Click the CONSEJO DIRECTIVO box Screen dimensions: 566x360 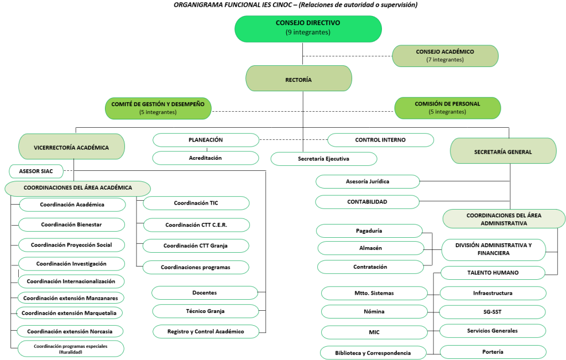[x=308, y=29]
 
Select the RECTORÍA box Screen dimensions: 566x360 [x=298, y=79]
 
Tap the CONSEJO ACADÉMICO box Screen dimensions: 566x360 [x=445, y=56]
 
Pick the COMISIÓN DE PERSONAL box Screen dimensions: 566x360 [x=448, y=108]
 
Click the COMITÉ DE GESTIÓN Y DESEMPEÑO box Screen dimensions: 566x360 [x=158, y=108]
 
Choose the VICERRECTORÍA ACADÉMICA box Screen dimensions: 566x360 [x=71, y=147]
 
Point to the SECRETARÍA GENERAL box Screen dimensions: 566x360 [x=503, y=151]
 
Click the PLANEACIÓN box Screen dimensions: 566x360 [x=206, y=140]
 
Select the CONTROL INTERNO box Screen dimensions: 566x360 [x=380, y=140]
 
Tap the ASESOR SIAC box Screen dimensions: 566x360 [x=36, y=171]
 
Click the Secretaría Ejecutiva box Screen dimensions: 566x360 [x=324, y=159]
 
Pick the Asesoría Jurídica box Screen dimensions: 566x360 [x=368, y=181]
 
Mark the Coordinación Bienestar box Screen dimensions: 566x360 [x=71, y=225]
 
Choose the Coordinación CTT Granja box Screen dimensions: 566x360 [x=196, y=246]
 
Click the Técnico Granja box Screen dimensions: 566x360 [x=206, y=311]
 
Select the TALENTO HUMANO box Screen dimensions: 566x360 [x=492, y=273]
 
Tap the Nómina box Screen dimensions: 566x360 [x=374, y=312]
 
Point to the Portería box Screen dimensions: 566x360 [x=492, y=352]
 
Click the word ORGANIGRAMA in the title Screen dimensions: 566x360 [x=197, y=4]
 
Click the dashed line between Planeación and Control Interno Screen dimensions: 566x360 [x=293, y=140]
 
